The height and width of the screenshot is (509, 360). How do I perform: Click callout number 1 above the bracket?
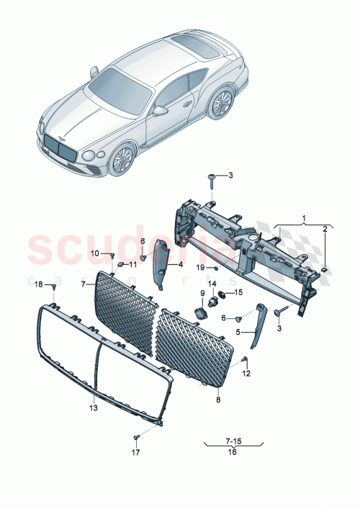(x=304, y=217)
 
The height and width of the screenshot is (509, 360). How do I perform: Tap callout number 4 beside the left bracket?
(x=181, y=264)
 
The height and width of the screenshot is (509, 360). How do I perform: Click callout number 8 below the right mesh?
(x=218, y=397)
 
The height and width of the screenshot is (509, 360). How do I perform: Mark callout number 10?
(x=94, y=253)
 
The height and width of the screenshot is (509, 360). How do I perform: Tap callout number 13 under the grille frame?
(x=94, y=407)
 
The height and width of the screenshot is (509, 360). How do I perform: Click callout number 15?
(x=240, y=292)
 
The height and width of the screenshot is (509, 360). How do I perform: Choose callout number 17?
(x=135, y=452)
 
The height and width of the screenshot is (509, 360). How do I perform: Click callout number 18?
(x=39, y=285)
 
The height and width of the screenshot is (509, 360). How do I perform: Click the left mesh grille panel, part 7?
(x=124, y=310)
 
